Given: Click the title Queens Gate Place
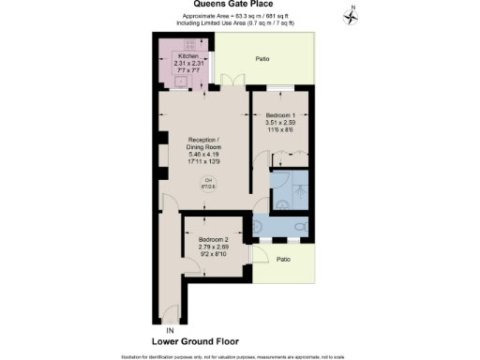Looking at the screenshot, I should pos(239,5).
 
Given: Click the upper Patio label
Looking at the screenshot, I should pos(263,60).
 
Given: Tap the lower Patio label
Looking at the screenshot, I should pos(283,259).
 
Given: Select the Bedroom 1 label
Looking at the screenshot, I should pos(281,114).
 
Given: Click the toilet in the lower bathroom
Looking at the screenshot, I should pos(298,227).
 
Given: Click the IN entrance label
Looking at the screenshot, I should pos(170,330).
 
